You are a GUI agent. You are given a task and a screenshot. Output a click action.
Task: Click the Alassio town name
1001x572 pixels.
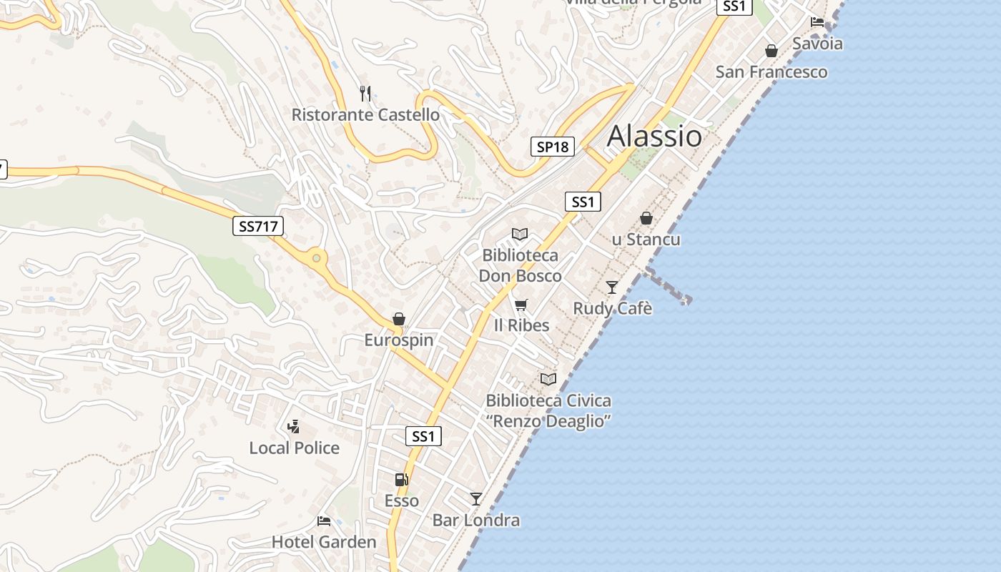click(654, 136)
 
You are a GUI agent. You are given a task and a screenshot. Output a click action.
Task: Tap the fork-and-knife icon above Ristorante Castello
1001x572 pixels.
click(365, 93)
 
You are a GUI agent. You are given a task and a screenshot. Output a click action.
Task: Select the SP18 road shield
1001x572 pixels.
click(553, 147)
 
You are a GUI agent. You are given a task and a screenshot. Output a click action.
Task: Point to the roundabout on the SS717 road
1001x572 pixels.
click(317, 257)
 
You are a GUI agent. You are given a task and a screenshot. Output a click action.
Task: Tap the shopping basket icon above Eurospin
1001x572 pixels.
click(399, 319)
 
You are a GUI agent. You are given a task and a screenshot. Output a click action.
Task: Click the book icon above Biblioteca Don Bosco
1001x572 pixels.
click(520, 234)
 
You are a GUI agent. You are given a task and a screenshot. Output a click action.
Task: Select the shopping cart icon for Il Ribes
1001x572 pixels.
click(521, 305)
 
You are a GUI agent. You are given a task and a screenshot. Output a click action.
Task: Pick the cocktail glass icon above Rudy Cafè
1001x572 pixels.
click(612, 287)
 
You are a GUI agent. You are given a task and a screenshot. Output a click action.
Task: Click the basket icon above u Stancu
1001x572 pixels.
click(646, 218)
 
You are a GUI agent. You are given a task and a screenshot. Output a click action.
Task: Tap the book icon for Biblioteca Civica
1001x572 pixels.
click(548, 379)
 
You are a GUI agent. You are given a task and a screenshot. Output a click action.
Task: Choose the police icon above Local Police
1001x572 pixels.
click(293, 427)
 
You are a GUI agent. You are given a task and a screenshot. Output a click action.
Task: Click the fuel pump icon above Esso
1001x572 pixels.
click(401, 480)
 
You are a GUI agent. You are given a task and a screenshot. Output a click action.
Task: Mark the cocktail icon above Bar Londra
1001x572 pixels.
click(476, 498)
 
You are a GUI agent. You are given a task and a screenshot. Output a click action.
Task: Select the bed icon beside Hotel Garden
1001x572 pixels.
click(324, 521)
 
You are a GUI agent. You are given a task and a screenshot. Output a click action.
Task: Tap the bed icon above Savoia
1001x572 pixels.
click(817, 22)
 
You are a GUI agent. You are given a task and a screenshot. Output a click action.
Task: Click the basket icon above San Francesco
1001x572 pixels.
click(771, 51)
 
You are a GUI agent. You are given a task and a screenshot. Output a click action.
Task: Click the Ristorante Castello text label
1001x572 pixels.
click(365, 114)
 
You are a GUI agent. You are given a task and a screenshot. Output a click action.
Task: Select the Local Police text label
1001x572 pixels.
click(294, 448)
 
